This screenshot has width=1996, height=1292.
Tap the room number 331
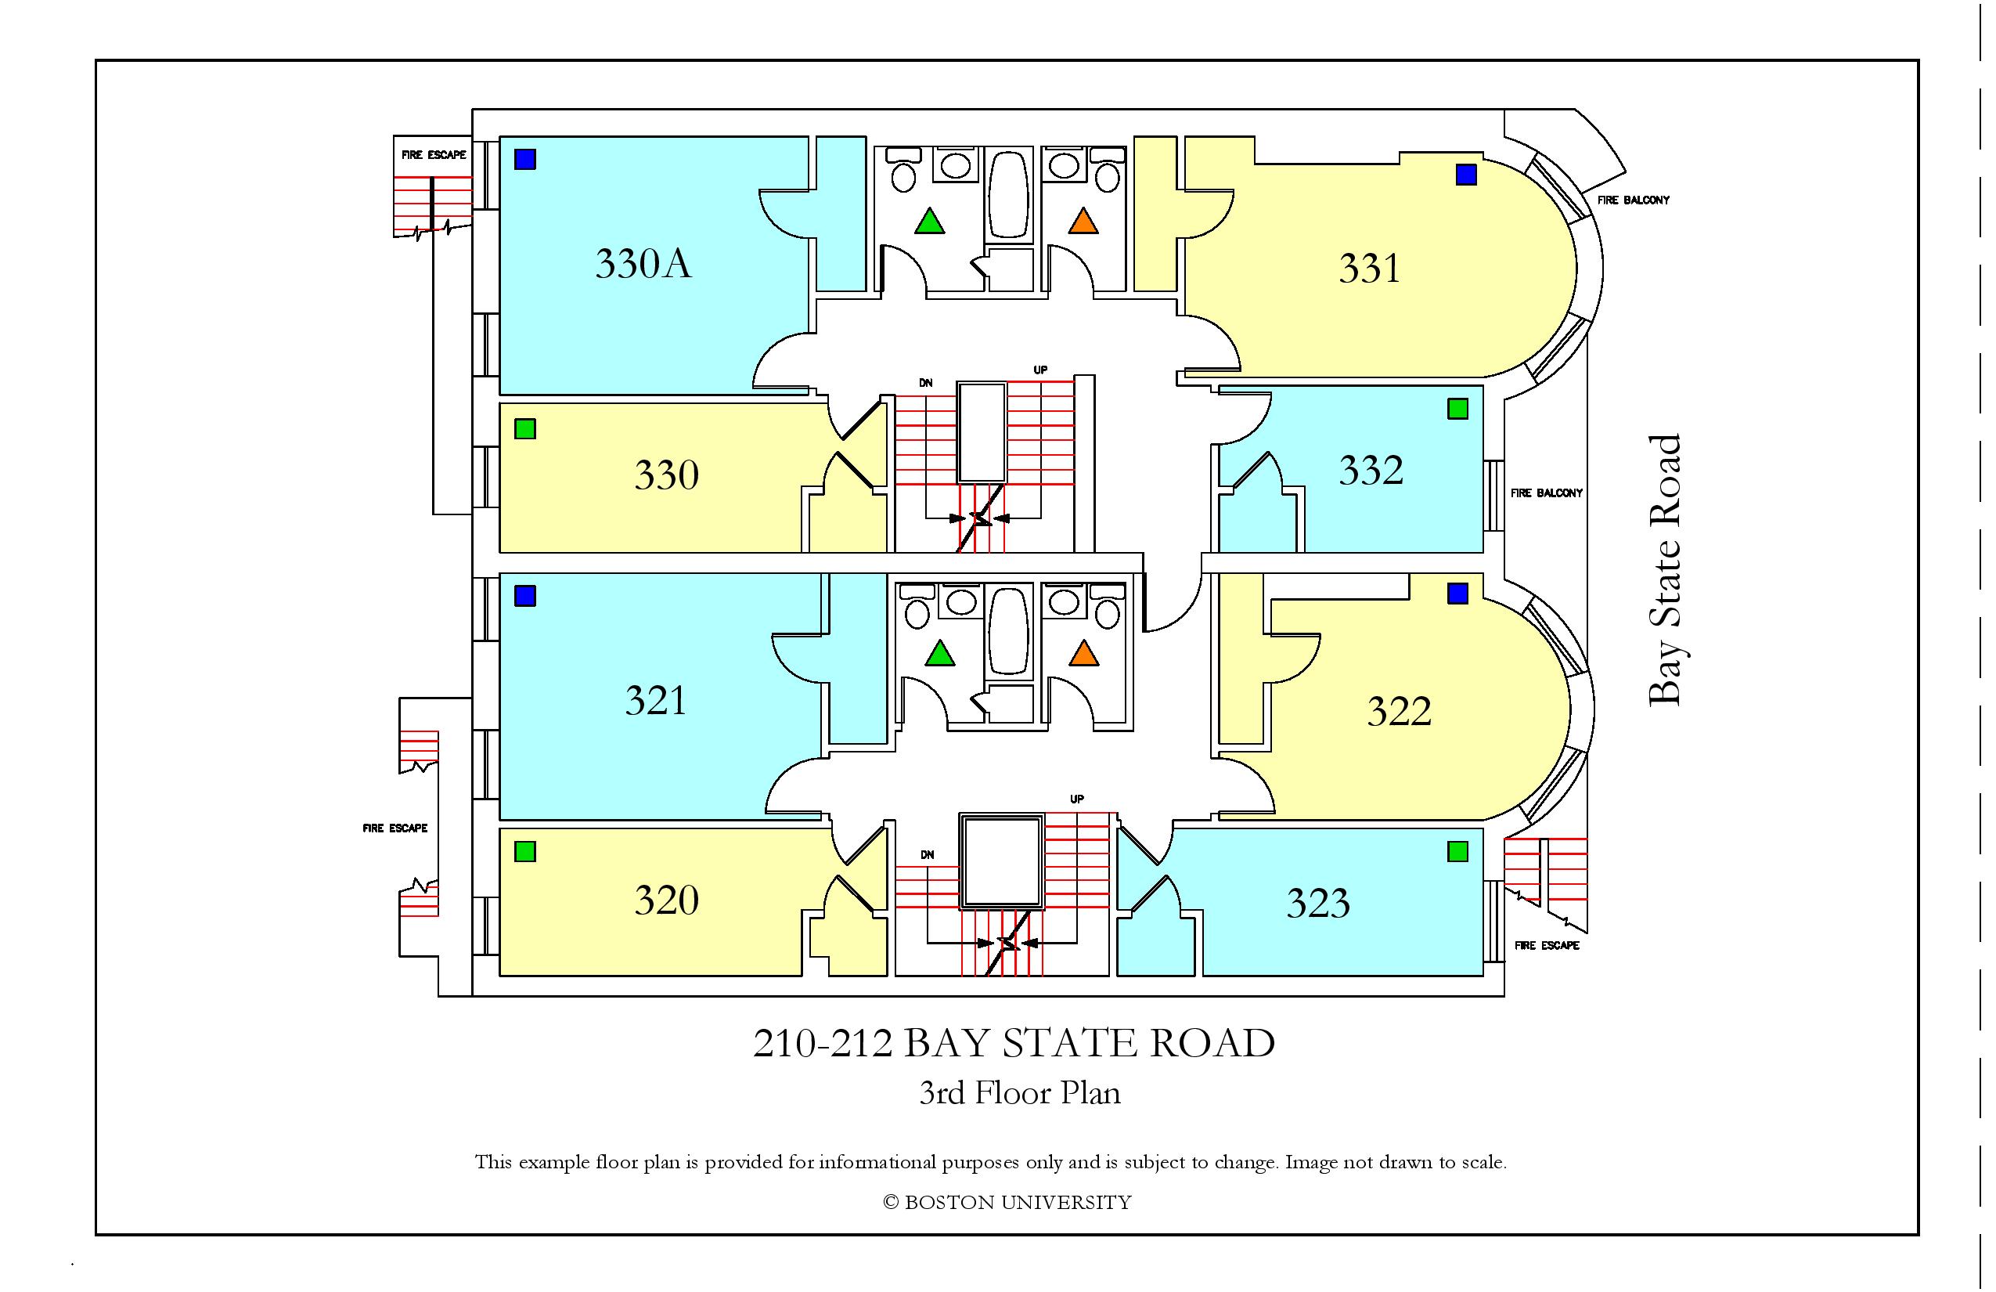(x=1369, y=269)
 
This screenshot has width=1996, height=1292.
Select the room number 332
(x=1371, y=471)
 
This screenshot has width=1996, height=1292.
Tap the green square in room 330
(x=525, y=430)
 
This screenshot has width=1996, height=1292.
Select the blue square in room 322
(x=1457, y=594)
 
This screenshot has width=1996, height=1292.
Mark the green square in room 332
(x=1457, y=410)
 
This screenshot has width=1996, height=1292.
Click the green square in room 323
(x=1457, y=853)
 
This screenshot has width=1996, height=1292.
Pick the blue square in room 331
(x=1466, y=175)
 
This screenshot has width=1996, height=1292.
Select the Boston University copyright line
(x=1007, y=1203)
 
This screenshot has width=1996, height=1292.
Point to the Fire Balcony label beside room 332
(x=1547, y=493)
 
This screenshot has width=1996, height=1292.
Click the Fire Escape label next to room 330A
(x=434, y=155)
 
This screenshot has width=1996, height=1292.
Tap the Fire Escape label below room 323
(x=1547, y=946)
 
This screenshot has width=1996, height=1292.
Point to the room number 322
(x=1399, y=713)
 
